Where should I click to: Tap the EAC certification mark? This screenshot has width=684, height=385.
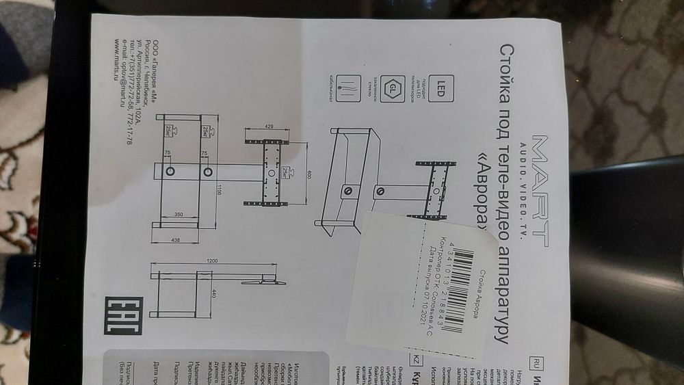coord(122,315)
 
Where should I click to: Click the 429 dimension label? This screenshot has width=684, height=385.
coord(268,128)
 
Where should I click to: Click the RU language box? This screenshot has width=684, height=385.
coord(536,360)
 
